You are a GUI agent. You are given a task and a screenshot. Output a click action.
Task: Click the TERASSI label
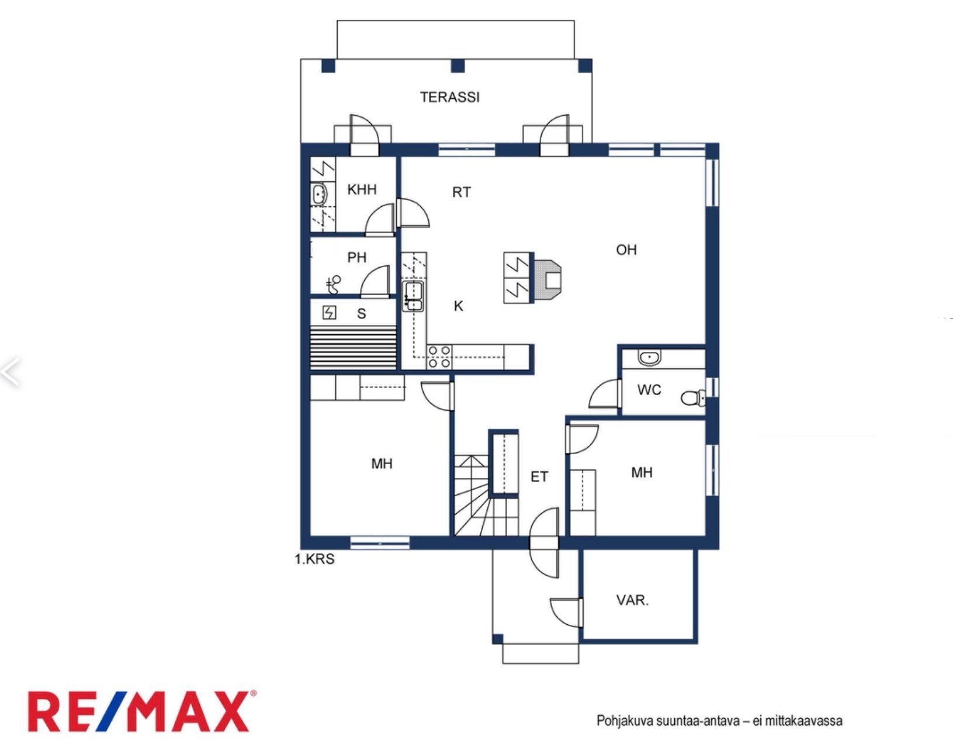pos(449,97)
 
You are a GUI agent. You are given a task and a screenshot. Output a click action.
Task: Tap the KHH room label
pos(362,189)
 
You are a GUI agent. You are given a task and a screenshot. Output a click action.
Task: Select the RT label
pos(462,192)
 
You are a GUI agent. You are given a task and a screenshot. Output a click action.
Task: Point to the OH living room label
pos(626,250)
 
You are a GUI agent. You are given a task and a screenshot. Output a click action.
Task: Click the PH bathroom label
pos(356,257)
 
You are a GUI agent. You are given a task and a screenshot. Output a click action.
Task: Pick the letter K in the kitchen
pos(458,306)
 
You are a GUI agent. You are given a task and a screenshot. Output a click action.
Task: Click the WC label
pos(649,390)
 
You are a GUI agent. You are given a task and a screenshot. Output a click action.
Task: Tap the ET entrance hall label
pos(539,477)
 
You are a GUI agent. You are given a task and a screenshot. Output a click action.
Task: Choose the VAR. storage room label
pos(632,600)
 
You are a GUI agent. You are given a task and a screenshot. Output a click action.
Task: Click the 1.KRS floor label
pos(314,559)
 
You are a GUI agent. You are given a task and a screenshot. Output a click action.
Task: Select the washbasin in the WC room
pos(650,358)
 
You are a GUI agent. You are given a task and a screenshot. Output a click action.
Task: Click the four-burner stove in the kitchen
pos(439,357)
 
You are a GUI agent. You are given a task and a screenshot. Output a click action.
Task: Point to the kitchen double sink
pos(413,296)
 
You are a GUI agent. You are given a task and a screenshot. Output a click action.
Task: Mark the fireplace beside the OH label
pos(548,278)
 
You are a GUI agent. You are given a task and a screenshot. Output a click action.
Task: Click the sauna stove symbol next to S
pos(329,313)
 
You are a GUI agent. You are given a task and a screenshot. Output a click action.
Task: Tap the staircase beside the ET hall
pos(486,496)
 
